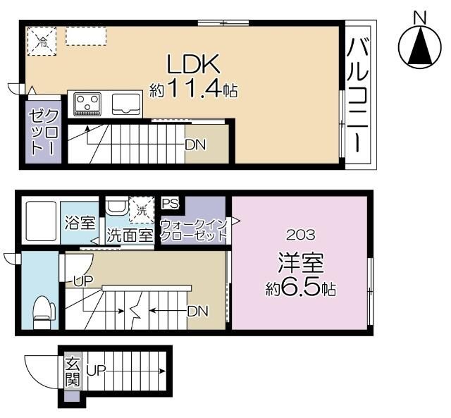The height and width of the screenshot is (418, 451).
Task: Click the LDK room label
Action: (194, 64)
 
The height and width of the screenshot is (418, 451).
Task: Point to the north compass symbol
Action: (421, 47)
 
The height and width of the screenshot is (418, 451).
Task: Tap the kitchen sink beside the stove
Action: (125, 104)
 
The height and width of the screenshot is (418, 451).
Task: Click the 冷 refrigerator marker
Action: (41, 41)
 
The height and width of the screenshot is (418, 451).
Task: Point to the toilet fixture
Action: (44, 309)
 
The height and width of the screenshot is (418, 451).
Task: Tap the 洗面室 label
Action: (130, 235)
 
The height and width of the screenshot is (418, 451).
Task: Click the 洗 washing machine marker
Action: (142, 210)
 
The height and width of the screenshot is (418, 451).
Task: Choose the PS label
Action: (171, 204)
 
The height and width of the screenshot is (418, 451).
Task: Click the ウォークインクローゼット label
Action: (192, 230)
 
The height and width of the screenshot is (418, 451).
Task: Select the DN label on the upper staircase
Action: (194, 145)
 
